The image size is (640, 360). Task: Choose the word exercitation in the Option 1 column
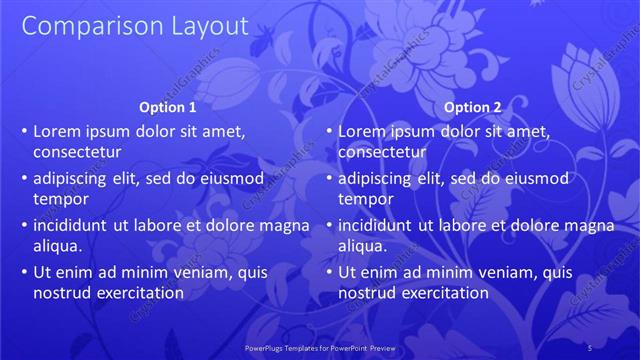[141, 293]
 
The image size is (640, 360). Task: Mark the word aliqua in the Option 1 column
[58, 246]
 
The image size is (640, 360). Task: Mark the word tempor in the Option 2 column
[365, 199]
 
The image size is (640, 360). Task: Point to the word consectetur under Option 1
[77, 152]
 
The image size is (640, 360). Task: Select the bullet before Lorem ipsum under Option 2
[329, 131]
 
